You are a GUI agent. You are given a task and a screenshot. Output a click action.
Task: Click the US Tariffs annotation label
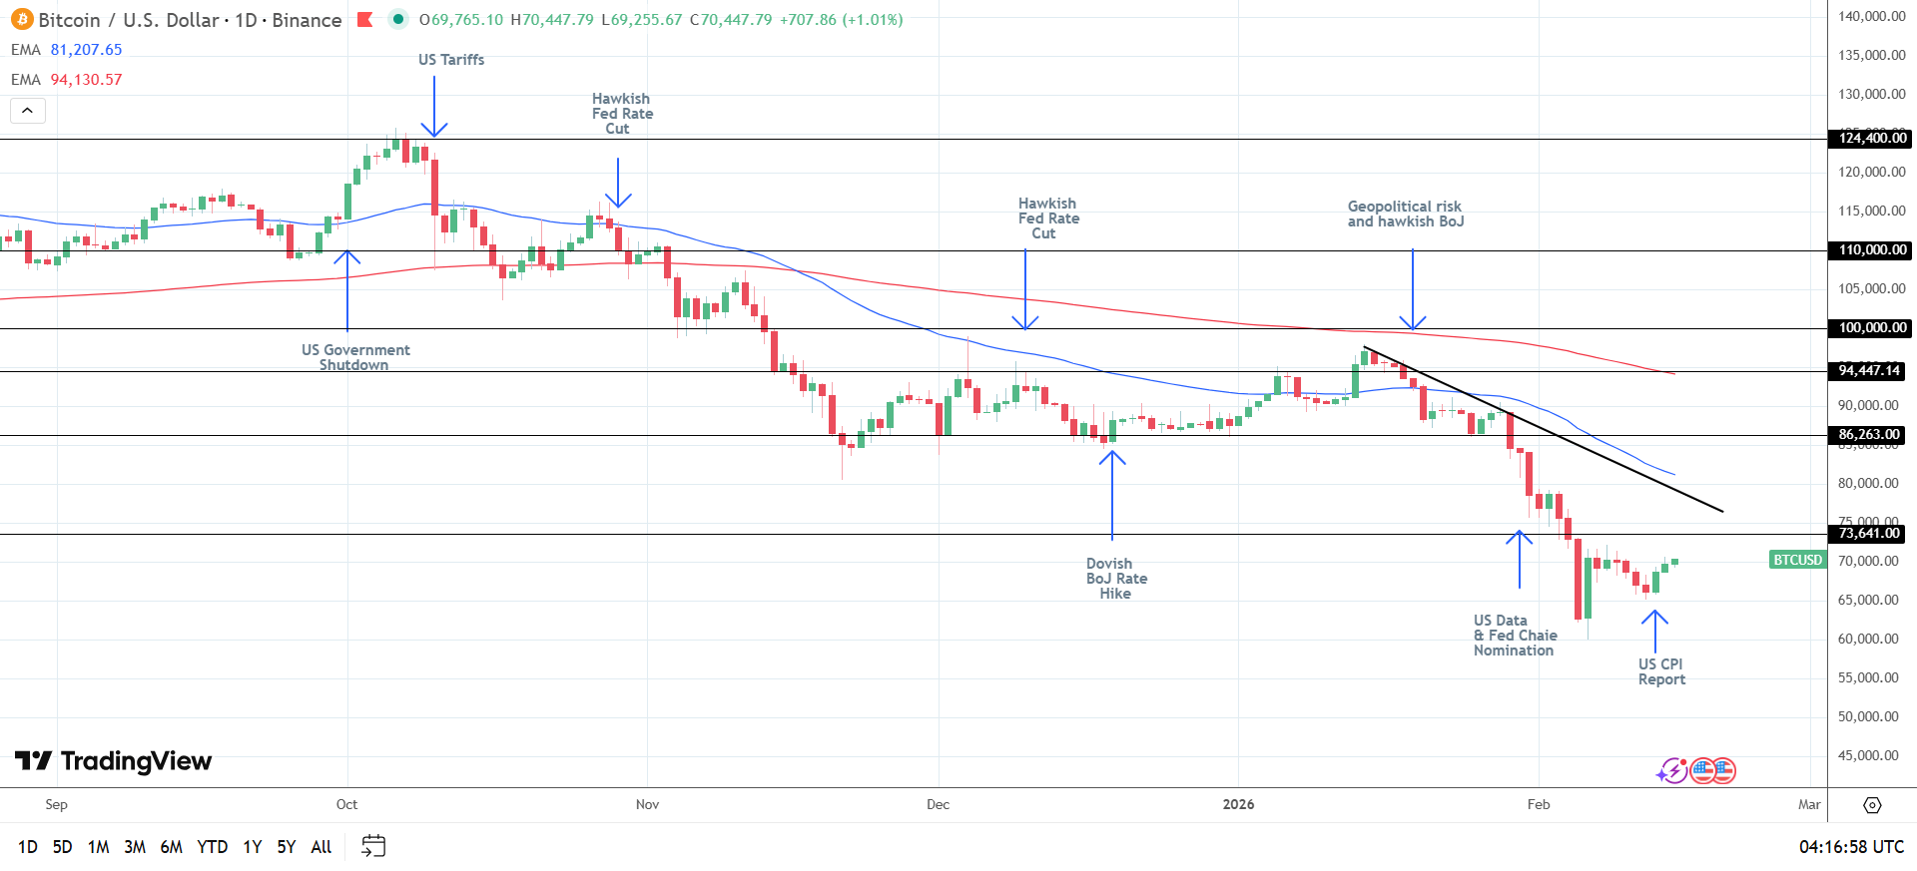[x=451, y=60]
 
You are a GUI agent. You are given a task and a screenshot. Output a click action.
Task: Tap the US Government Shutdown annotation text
[x=355, y=357]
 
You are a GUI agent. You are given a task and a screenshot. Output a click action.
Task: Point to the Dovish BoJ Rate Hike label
[x=1116, y=579]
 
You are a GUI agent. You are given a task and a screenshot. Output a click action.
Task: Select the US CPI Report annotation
[x=1661, y=671]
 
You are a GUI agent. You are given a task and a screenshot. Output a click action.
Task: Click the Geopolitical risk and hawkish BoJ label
[x=1405, y=214]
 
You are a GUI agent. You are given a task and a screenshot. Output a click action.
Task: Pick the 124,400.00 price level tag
[x=1870, y=139]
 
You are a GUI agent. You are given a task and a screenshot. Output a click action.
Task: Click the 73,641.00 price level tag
[x=1868, y=534]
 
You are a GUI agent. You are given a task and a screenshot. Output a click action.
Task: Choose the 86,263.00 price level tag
[x=1869, y=435]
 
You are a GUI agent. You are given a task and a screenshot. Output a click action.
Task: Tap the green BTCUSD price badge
[x=1797, y=560]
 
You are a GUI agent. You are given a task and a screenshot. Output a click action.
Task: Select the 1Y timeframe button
[x=253, y=847]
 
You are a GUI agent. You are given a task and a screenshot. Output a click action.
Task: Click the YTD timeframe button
[x=212, y=847]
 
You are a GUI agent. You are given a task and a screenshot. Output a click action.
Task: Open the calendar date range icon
[x=373, y=846]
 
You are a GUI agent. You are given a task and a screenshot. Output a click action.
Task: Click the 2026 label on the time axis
[x=1238, y=804]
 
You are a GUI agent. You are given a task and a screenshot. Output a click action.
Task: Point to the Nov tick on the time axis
[x=647, y=804]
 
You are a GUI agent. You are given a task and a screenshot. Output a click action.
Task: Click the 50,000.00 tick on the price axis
[x=1868, y=716]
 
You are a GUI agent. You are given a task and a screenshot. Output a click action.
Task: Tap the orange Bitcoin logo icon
[x=22, y=20]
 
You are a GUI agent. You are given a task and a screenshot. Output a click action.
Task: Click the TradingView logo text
[x=114, y=761]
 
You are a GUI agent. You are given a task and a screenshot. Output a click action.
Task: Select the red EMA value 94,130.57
[x=87, y=80]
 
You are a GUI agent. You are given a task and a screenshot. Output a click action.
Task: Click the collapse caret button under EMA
[x=28, y=110]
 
